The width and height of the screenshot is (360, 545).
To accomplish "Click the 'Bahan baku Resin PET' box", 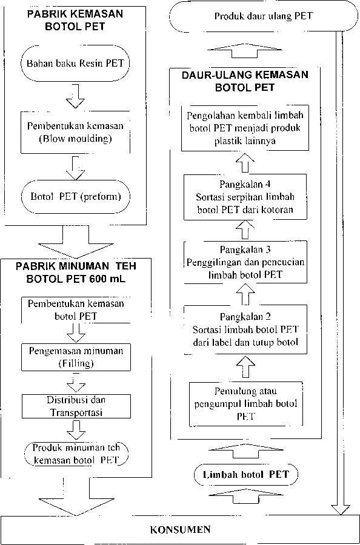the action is (75, 63).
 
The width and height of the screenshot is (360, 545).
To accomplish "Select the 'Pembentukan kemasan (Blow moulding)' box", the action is (75, 133).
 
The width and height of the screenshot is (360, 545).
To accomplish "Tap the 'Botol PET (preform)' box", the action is (75, 196).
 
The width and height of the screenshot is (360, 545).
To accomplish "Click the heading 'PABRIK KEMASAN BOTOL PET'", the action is (75, 20).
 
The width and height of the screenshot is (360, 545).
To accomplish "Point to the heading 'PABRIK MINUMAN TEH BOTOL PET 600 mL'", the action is (76, 272).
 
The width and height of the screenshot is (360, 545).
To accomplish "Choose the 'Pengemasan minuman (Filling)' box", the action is (76, 357).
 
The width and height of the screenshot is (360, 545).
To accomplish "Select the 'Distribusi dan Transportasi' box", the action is (76, 406).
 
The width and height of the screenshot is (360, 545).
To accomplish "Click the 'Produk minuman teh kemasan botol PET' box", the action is (76, 454).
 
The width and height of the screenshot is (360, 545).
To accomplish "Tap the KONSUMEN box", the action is (180, 529).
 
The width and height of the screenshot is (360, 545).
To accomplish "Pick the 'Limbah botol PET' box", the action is (245, 474).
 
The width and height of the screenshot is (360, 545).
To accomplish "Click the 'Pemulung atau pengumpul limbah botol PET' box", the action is (245, 404).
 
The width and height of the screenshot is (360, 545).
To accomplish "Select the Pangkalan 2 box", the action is (245, 329).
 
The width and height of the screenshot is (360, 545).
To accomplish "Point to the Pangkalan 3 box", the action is (245, 262).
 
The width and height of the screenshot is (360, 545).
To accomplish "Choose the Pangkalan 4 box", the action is (245, 197).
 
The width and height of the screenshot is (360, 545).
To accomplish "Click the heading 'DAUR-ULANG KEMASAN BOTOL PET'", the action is (245, 81).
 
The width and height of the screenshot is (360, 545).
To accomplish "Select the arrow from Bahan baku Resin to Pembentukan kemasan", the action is (75, 96).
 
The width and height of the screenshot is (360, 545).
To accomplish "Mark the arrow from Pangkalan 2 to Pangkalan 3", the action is (245, 294).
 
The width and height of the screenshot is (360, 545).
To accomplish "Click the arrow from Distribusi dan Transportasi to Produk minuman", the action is (76, 429).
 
